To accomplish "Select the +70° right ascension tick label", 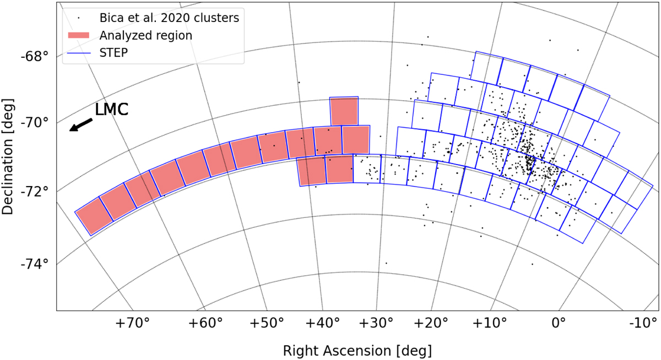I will [133, 323].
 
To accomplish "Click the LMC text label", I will [112, 110].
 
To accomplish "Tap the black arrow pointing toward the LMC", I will [80, 125].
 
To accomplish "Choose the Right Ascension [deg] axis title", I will [357, 351].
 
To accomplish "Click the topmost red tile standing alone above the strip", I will [344, 111].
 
